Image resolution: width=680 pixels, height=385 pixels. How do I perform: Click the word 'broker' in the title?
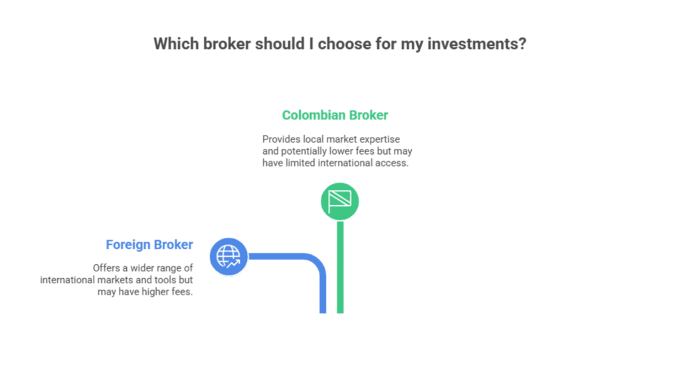click(227, 44)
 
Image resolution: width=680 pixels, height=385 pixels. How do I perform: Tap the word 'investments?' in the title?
click(477, 44)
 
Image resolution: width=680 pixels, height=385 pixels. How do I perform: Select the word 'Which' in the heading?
click(176, 44)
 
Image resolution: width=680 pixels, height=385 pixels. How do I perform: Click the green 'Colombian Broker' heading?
click(335, 115)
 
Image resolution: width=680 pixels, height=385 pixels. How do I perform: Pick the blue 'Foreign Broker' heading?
click(149, 244)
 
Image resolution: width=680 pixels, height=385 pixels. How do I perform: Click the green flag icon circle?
click(339, 201)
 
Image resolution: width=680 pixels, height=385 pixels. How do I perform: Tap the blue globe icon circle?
click(228, 257)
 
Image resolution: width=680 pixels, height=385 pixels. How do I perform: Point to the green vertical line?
click(341, 267)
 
